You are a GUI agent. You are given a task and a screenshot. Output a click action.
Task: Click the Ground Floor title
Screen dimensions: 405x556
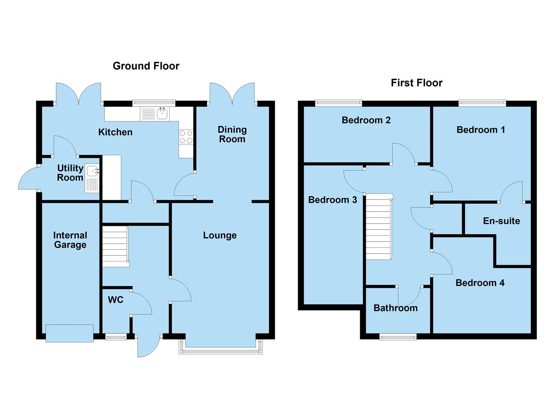(x=146, y=66)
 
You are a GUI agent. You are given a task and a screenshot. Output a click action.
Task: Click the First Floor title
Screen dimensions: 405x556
(x=416, y=83)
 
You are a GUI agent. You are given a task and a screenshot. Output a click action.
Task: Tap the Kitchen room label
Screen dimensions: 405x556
(x=115, y=132)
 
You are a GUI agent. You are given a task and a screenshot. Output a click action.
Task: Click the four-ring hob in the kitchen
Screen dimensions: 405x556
(x=186, y=137)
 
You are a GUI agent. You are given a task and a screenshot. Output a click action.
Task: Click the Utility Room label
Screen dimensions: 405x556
(x=70, y=173)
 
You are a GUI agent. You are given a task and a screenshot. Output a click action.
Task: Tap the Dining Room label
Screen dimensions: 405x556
(x=232, y=134)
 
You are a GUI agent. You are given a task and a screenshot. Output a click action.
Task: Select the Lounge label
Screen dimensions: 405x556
(x=220, y=235)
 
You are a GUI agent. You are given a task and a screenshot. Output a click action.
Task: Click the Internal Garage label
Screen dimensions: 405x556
(x=70, y=240)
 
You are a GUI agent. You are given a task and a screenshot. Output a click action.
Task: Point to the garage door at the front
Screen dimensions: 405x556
(x=70, y=333)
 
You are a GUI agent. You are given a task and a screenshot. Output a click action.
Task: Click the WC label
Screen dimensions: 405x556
(x=115, y=300)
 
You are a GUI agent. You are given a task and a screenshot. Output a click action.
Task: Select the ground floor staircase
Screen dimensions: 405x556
(x=115, y=247)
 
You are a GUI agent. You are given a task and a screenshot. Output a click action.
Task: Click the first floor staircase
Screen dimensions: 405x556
(x=379, y=227)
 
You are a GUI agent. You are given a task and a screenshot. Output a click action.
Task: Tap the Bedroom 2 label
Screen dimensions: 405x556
(x=366, y=120)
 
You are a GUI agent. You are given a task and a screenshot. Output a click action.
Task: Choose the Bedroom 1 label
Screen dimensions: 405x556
(x=480, y=130)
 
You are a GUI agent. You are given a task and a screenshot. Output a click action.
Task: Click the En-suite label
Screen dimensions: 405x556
(x=501, y=221)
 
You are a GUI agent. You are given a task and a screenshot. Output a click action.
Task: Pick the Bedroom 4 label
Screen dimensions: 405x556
(x=480, y=283)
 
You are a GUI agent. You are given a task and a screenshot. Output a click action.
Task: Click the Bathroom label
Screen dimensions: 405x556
(x=395, y=308)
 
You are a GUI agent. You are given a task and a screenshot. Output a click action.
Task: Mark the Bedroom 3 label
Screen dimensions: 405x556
(x=332, y=200)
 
